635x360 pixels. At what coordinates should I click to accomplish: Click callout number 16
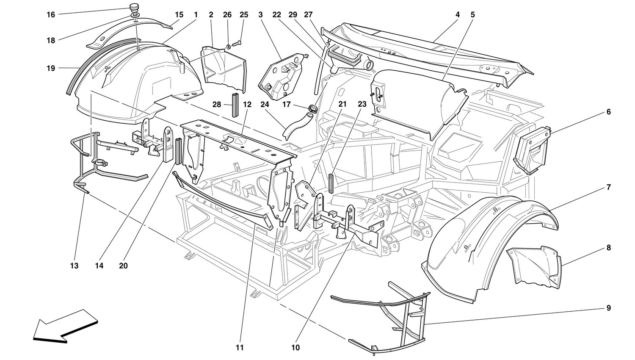tap(51, 15)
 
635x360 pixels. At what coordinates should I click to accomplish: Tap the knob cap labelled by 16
tap(135, 8)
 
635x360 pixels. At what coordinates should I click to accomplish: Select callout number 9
tap(608, 308)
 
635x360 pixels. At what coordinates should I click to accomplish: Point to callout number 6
tap(608, 112)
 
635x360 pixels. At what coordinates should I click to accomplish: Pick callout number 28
tap(217, 104)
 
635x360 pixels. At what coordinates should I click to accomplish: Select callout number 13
tap(74, 266)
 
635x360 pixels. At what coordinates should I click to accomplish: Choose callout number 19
tap(51, 68)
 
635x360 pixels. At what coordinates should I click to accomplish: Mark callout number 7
tap(608, 187)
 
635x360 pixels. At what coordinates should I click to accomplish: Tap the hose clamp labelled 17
tap(314, 110)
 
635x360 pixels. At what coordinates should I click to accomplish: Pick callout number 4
tap(458, 15)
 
